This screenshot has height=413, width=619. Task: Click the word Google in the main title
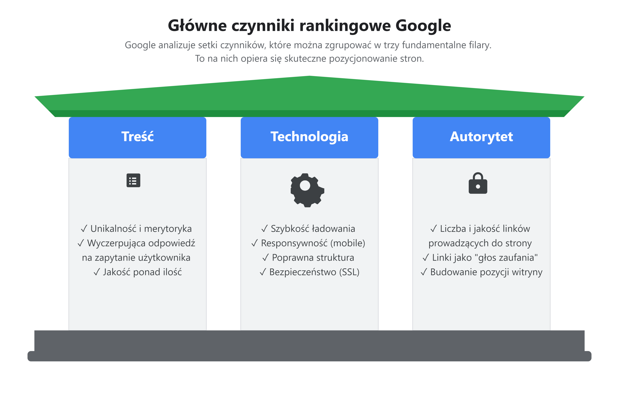(x=423, y=26)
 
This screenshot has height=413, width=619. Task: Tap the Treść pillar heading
(x=137, y=137)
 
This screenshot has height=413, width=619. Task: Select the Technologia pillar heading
(x=309, y=137)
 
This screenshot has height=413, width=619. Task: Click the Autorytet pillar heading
(x=481, y=137)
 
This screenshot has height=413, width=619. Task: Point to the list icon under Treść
(x=133, y=180)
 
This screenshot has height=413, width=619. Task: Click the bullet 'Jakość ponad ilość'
(x=142, y=272)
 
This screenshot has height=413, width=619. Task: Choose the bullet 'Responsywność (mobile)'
(x=313, y=243)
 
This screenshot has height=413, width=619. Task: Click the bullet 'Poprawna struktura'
(x=313, y=258)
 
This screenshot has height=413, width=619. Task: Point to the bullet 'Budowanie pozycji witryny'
(x=486, y=272)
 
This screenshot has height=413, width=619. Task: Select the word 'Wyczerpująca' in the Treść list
(x=117, y=243)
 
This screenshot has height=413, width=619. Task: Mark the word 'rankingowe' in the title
(x=345, y=26)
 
